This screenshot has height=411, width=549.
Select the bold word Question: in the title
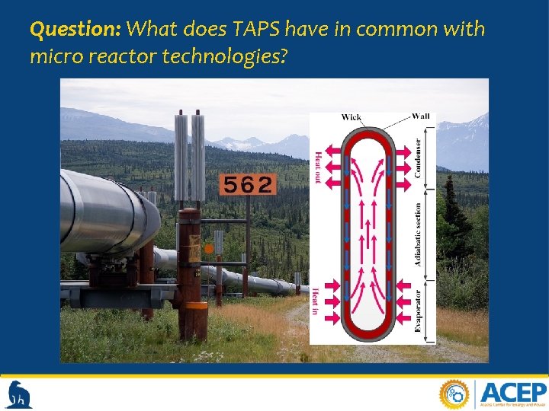pyautogui.click(x=75, y=30)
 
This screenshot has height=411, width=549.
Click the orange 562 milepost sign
pyautogui.click(x=247, y=184)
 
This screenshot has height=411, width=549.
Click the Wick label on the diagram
pyautogui.click(x=352, y=117)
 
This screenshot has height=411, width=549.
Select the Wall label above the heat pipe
pyautogui.click(x=420, y=116)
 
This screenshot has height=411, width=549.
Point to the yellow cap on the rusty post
pyautogui.click(x=195, y=305)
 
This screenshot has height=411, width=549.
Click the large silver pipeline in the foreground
pyautogui.click(x=107, y=213)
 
